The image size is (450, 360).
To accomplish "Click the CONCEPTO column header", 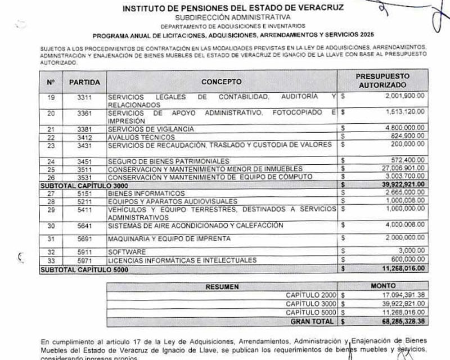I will pyautogui.click(x=222, y=82).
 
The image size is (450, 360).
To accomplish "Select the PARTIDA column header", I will pyautogui.click(x=84, y=82).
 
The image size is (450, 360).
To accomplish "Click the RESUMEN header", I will pyautogui.click(x=222, y=286).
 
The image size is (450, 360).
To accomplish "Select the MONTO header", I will pyautogui.click(x=383, y=286).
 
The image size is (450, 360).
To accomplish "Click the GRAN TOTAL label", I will pyautogui.click(x=312, y=322).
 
